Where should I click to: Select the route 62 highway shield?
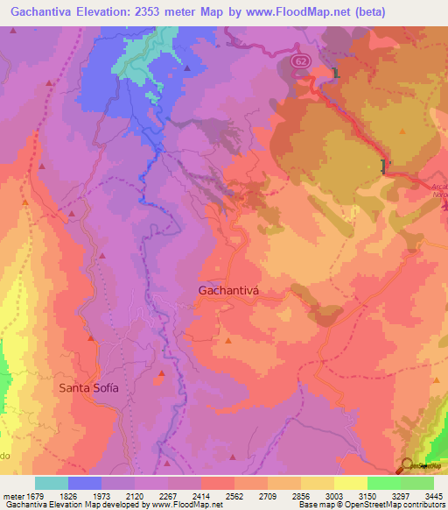300,61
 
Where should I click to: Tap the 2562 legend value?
234,496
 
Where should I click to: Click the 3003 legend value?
334,496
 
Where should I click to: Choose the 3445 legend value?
433,496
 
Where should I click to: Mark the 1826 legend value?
69,496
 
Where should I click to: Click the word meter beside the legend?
13,496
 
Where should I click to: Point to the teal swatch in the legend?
52,483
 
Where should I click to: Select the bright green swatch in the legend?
384,483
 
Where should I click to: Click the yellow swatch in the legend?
350,483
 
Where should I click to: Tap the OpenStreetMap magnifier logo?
407,465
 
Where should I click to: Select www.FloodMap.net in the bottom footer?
179,505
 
